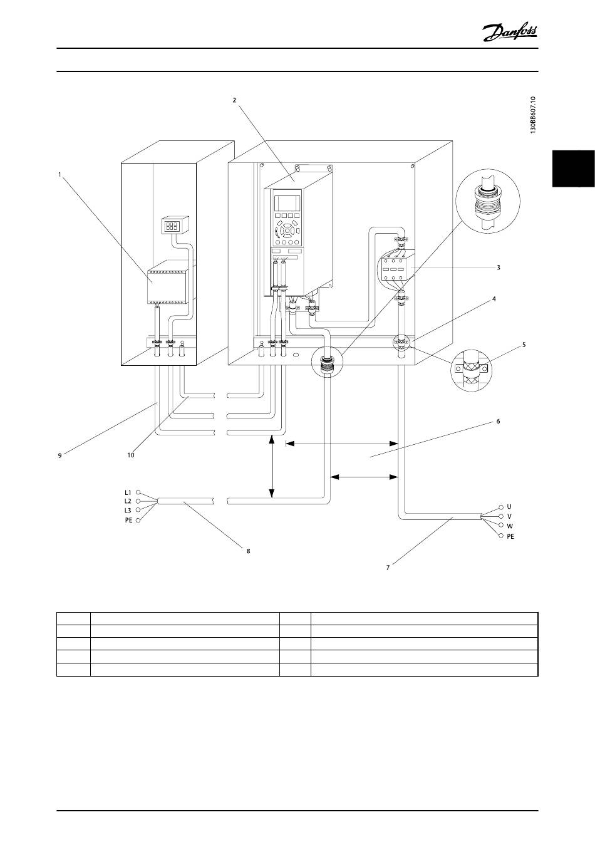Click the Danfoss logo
coord(510,33)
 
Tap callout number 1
coord(59,174)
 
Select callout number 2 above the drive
coord(234,100)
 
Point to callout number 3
coord(499,268)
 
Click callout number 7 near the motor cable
coord(388,568)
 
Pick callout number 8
coord(248,551)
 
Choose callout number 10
coord(130,455)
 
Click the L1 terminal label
coord(128,492)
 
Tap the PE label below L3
coord(128,520)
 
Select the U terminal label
coord(509,507)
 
